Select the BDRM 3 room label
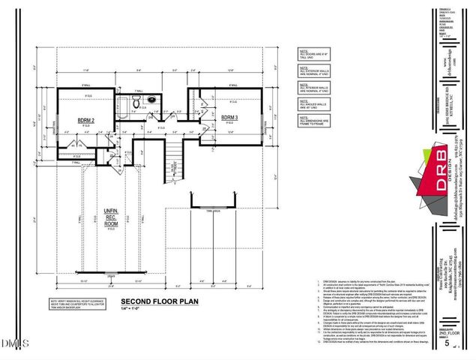click(229, 118)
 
